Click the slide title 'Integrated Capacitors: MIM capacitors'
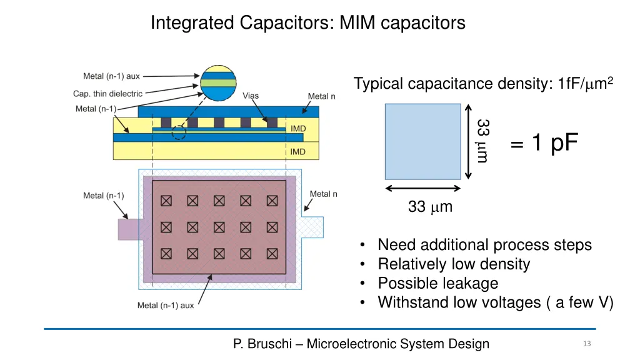[307, 23]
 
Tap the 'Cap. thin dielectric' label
[107, 94]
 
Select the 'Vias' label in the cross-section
[251, 96]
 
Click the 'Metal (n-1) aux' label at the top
[111, 76]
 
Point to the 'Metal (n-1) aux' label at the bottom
[166, 306]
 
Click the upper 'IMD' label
[298, 129]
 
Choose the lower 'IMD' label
[298, 151]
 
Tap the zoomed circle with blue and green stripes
[218, 82]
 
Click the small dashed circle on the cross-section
[179, 132]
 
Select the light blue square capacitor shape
[422, 141]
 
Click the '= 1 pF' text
[544, 144]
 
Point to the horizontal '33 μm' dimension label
[429, 206]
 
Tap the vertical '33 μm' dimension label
[482, 141]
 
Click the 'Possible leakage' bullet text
[437, 283]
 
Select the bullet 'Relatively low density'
[453, 264]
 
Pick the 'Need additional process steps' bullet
[484, 244]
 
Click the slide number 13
[586, 344]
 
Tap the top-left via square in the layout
[166, 201]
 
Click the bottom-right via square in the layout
[272, 254]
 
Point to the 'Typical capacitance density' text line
[484, 84]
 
